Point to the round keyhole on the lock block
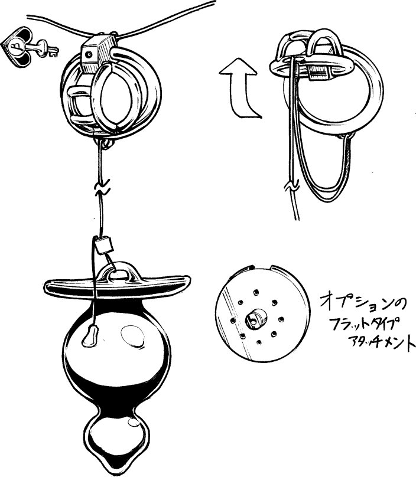[x=89, y=54]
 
